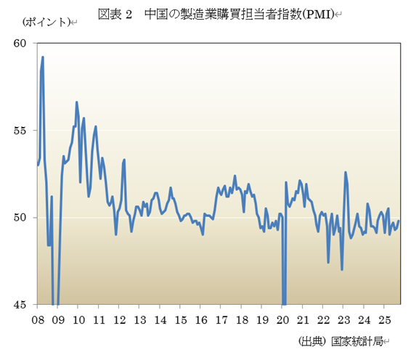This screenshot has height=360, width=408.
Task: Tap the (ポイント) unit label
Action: (x=45, y=22)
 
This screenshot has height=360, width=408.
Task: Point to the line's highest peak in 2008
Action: (x=43, y=57)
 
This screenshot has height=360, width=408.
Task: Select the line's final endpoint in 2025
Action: (x=399, y=221)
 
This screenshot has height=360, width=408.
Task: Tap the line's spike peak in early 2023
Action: (x=346, y=172)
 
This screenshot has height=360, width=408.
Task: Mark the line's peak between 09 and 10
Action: (x=77, y=102)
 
